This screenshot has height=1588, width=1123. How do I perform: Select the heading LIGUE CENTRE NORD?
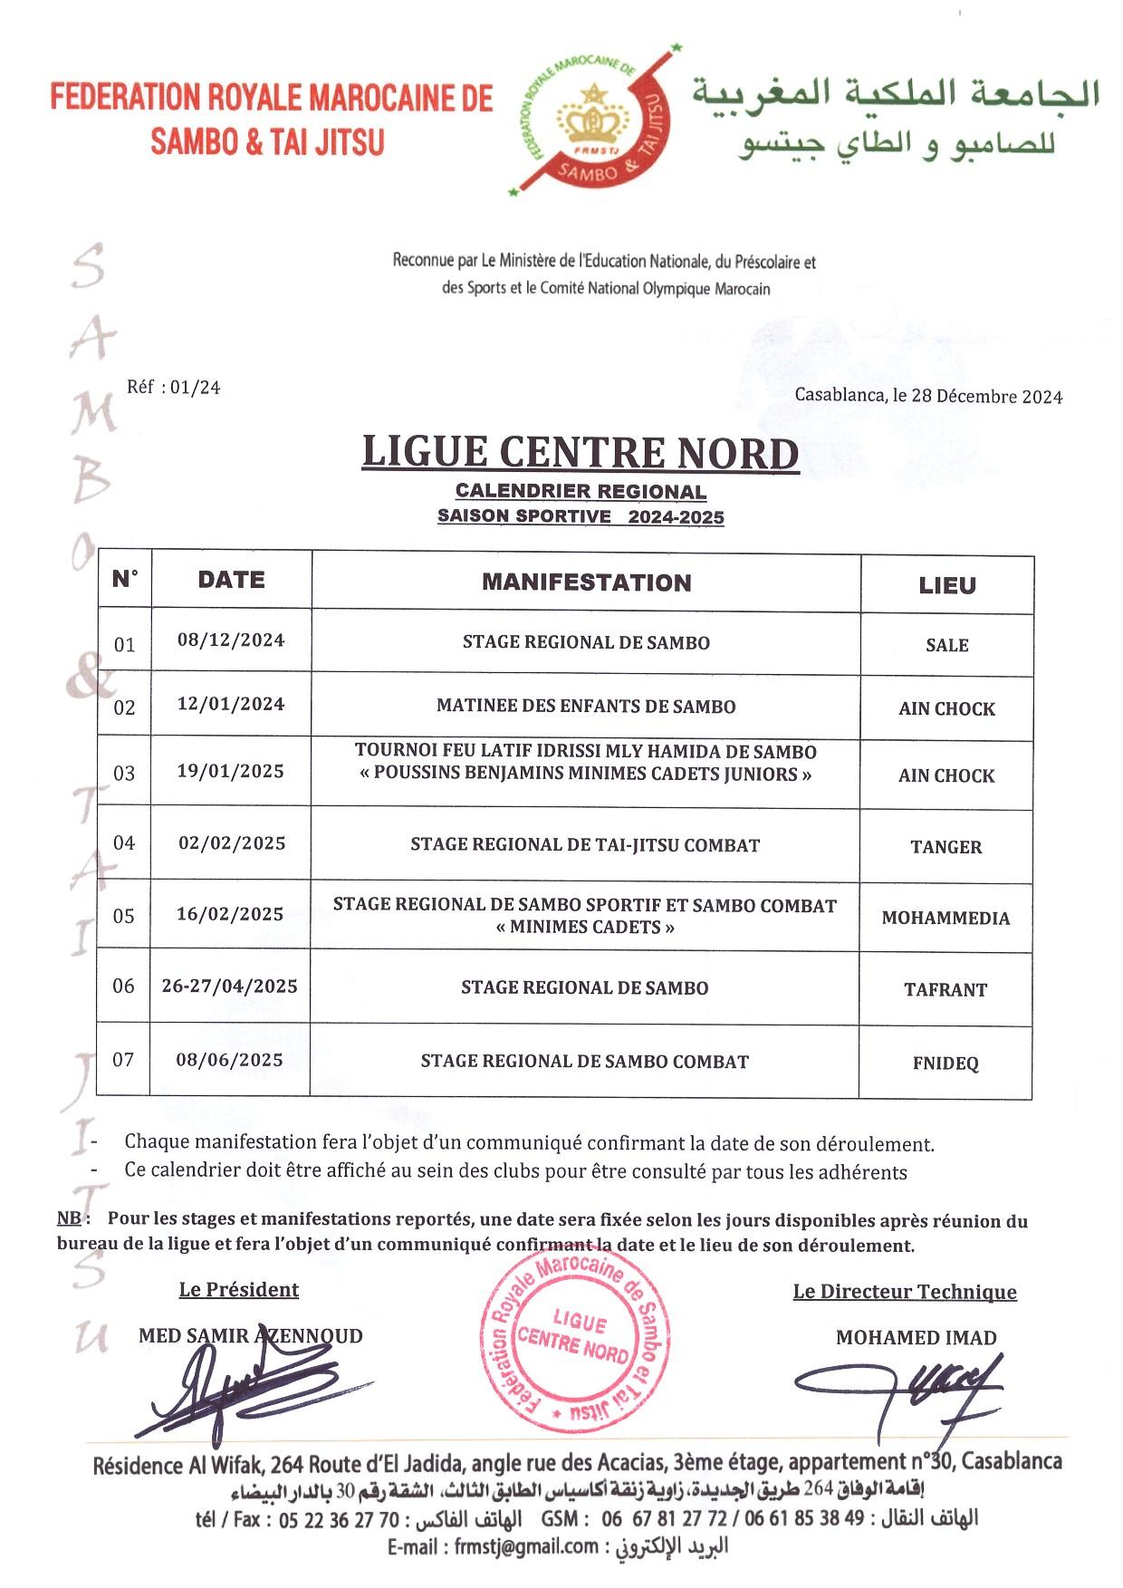pyautogui.click(x=580, y=452)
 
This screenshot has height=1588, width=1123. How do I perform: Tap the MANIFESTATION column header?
pyautogui.click(x=586, y=582)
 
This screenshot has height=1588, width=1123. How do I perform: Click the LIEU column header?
pyautogui.click(x=946, y=585)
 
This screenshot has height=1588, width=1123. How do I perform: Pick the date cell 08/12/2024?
pyautogui.click(x=231, y=640)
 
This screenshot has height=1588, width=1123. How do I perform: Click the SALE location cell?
pyautogui.click(x=946, y=645)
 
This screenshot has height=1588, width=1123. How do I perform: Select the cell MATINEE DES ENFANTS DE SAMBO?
pyautogui.click(x=586, y=706)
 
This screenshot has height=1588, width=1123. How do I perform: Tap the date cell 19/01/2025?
pyautogui.click(x=231, y=772)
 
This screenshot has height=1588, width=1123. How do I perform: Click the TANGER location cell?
pyautogui.click(x=945, y=847)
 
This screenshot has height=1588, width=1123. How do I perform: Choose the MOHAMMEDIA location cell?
pyautogui.click(x=945, y=918)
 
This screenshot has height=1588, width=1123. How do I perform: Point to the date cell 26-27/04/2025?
pyautogui.click(x=230, y=986)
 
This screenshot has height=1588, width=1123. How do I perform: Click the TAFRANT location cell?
pyautogui.click(x=945, y=989)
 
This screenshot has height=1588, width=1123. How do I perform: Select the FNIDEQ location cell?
pyautogui.click(x=945, y=1063)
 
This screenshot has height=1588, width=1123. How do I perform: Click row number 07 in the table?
pyautogui.click(x=123, y=1059)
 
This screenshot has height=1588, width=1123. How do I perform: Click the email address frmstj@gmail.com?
pyautogui.click(x=526, y=1547)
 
